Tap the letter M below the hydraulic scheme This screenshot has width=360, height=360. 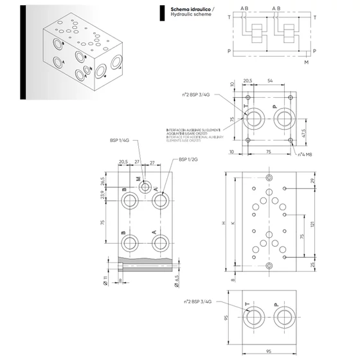click(306, 63)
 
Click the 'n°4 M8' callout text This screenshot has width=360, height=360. click(307, 154)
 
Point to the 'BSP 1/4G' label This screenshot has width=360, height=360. click(120, 139)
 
